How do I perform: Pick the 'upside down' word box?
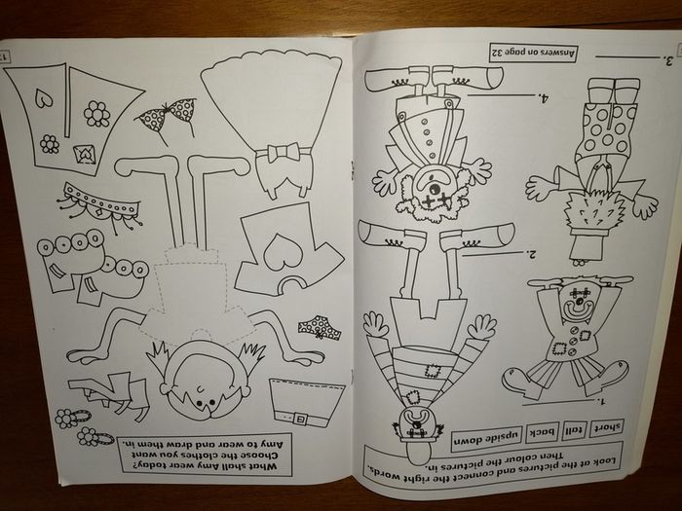click(486, 438)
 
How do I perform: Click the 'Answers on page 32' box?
click(534, 53)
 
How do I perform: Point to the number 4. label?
click(543, 98)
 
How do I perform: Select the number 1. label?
click(601, 400)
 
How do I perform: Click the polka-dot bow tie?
click(167, 115)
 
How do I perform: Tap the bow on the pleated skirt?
click(284, 153)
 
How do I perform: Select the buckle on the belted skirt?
click(300, 419)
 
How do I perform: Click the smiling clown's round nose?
click(579, 301)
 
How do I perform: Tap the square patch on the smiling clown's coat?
click(558, 348)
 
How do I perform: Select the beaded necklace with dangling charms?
click(100, 206)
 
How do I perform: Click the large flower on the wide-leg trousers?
click(96, 114)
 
